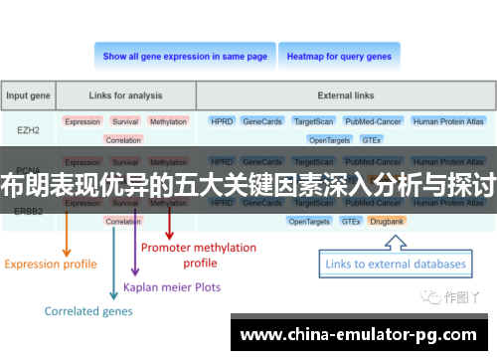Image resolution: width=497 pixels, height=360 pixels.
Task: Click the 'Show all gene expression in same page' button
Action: coord(185,57)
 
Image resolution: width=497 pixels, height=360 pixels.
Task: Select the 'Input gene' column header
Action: coord(29,96)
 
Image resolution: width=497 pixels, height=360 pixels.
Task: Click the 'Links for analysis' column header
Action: coord(124,96)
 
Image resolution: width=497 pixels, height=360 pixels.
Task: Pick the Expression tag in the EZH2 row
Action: coord(83,121)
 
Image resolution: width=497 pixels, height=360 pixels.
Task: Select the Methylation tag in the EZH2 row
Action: coord(168,121)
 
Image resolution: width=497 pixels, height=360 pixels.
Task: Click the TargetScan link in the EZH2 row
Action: coord(314,121)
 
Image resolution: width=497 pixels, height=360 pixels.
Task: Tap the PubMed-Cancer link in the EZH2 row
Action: coord(373,121)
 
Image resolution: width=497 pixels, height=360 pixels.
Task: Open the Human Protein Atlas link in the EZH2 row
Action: coord(448,121)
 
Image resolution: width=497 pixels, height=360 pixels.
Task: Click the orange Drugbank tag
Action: coord(386,221)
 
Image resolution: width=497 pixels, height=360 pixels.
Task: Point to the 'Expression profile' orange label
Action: coord(51,264)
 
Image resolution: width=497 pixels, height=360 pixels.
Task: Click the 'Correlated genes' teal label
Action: coord(87,310)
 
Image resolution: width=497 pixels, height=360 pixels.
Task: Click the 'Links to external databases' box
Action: coord(396,264)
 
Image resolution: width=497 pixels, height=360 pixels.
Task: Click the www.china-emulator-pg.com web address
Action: coord(359,334)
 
